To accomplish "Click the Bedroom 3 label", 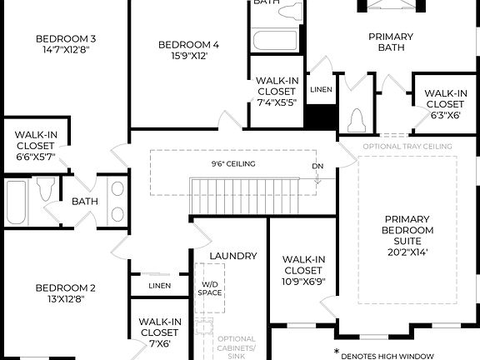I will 66,38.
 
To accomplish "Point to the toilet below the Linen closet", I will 358,119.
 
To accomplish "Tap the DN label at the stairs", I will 317,166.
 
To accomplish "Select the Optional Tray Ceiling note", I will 407,147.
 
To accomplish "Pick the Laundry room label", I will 233,256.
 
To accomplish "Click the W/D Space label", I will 210,288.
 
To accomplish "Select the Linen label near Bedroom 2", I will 159,285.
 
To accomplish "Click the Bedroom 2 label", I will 65,288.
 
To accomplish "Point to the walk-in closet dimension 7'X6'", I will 160,343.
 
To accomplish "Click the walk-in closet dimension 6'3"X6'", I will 445,115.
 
